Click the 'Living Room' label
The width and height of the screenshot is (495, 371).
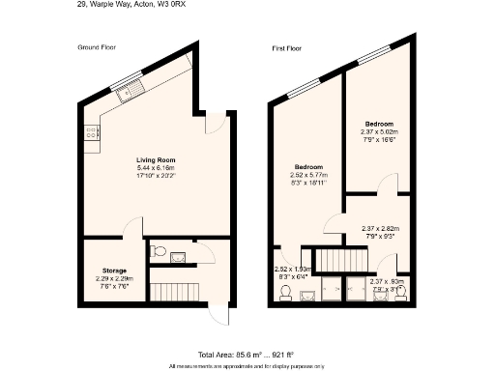(x=155, y=159)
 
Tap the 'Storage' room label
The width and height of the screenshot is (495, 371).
(x=114, y=270)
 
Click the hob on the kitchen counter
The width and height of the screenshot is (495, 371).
(x=93, y=138)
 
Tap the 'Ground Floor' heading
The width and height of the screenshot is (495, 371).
(x=98, y=46)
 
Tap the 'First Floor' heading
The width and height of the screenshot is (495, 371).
(x=288, y=46)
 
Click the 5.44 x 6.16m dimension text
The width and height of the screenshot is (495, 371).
(x=155, y=168)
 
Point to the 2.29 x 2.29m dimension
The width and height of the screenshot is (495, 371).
(x=114, y=278)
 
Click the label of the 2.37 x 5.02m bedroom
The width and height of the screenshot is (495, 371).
(x=379, y=125)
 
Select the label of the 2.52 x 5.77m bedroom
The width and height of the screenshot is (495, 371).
(x=308, y=166)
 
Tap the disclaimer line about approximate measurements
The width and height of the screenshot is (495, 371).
(x=247, y=366)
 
